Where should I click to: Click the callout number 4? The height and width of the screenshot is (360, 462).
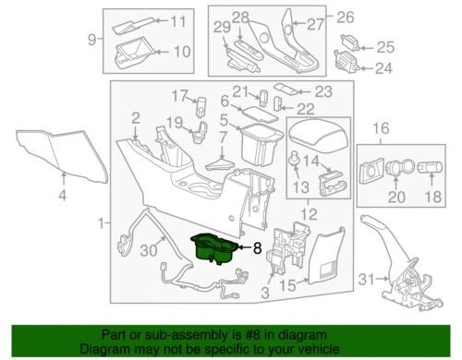(x=63, y=196)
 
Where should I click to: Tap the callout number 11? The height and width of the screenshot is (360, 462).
(x=177, y=21)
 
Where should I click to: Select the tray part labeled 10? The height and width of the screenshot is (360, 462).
(x=129, y=53)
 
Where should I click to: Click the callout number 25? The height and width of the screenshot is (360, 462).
(x=385, y=47)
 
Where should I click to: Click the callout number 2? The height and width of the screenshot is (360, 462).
(x=136, y=117)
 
